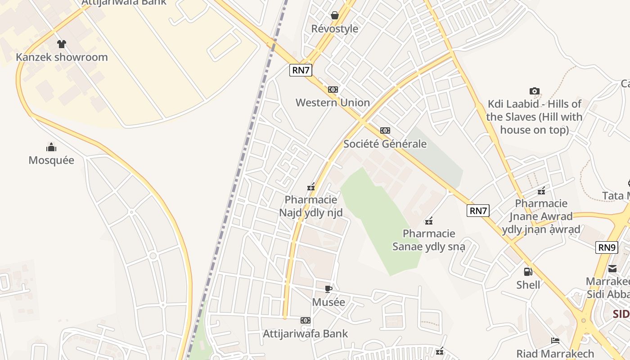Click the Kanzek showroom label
tap(62, 57)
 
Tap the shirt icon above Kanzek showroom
tap(62, 44)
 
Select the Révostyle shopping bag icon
tap(335, 15)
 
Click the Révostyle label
tap(335, 29)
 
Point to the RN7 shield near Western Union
tap(301, 70)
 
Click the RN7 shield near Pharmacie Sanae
tap(478, 210)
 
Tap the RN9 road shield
tap(607, 247)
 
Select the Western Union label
tap(333, 103)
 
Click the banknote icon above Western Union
tap(333, 90)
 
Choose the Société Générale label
tap(385, 144)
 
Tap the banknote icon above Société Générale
tap(385, 130)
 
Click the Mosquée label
tap(51, 160)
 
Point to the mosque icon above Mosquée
tap(51, 147)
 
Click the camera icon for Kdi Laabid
tap(535, 91)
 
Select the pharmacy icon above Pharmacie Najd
tap(311, 187)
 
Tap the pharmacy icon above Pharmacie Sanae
tap(429, 220)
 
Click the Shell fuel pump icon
tap(528, 272)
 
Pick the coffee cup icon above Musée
tap(328, 289)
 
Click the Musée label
tap(328, 302)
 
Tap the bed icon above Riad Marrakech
tap(555, 341)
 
